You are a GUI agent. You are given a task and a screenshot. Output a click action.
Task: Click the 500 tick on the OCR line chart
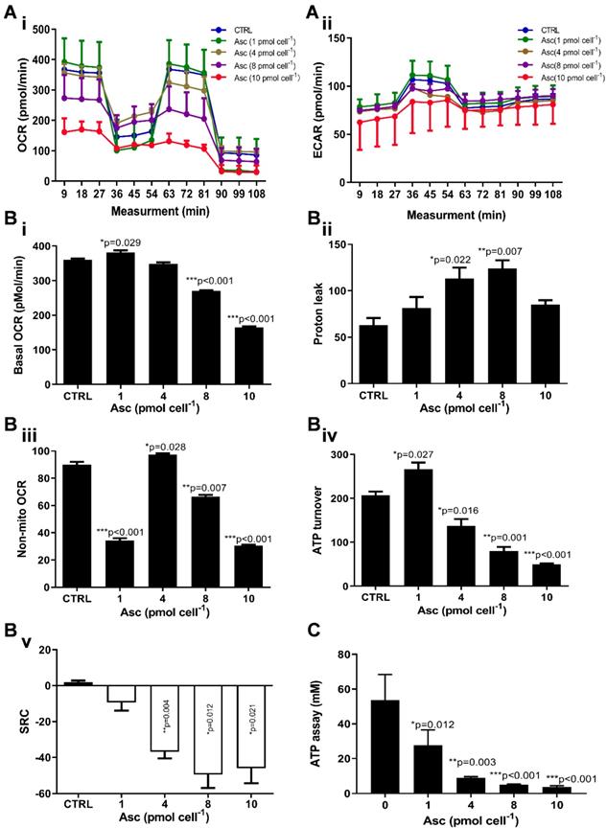(40, 30)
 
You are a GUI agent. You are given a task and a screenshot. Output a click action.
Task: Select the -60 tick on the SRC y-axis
(35, 793)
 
